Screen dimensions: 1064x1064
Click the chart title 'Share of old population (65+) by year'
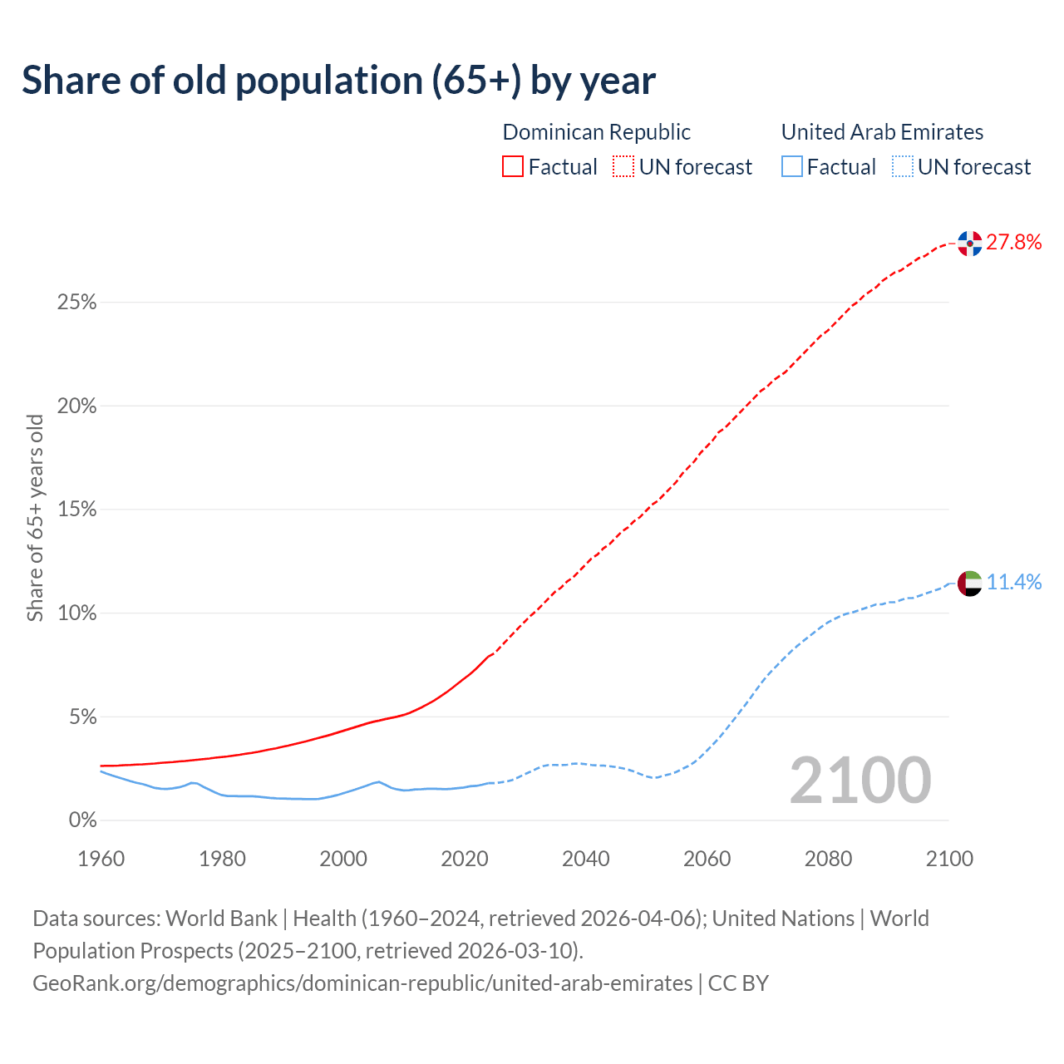(x=338, y=81)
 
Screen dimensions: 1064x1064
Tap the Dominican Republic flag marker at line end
(x=969, y=243)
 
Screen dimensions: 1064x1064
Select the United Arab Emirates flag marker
(x=969, y=583)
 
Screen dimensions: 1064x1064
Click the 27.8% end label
(x=1014, y=242)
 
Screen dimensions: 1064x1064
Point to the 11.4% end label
(x=1014, y=582)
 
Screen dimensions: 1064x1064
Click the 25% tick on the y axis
(x=76, y=303)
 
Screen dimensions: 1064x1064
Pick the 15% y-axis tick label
(x=76, y=510)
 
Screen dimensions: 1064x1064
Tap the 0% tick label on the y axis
(x=82, y=820)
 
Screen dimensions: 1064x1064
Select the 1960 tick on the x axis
(x=101, y=859)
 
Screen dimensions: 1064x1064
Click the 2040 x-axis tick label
(x=586, y=859)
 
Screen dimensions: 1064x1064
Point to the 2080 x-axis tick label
(x=828, y=859)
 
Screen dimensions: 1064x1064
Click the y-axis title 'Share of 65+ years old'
(x=35, y=517)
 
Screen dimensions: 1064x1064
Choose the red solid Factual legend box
(x=513, y=167)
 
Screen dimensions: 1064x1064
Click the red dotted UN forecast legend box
(x=623, y=167)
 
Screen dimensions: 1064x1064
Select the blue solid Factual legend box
(x=792, y=167)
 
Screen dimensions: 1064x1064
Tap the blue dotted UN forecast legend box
(x=902, y=167)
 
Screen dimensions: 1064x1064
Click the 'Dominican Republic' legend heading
(x=596, y=132)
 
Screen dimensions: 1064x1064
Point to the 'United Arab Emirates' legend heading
(x=882, y=132)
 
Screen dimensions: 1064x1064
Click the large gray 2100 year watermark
(x=860, y=781)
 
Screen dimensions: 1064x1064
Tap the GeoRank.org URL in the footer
(x=362, y=983)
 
